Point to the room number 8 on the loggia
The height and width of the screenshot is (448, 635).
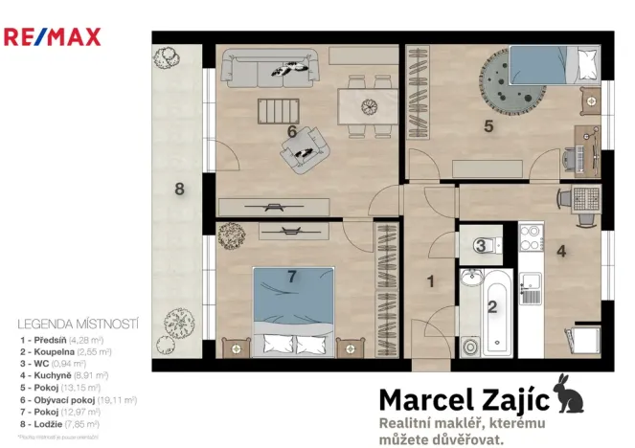(x=178, y=189)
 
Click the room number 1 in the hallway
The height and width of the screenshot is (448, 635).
(x=431, y=281)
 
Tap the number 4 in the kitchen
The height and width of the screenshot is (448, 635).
(x=561, y=253)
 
